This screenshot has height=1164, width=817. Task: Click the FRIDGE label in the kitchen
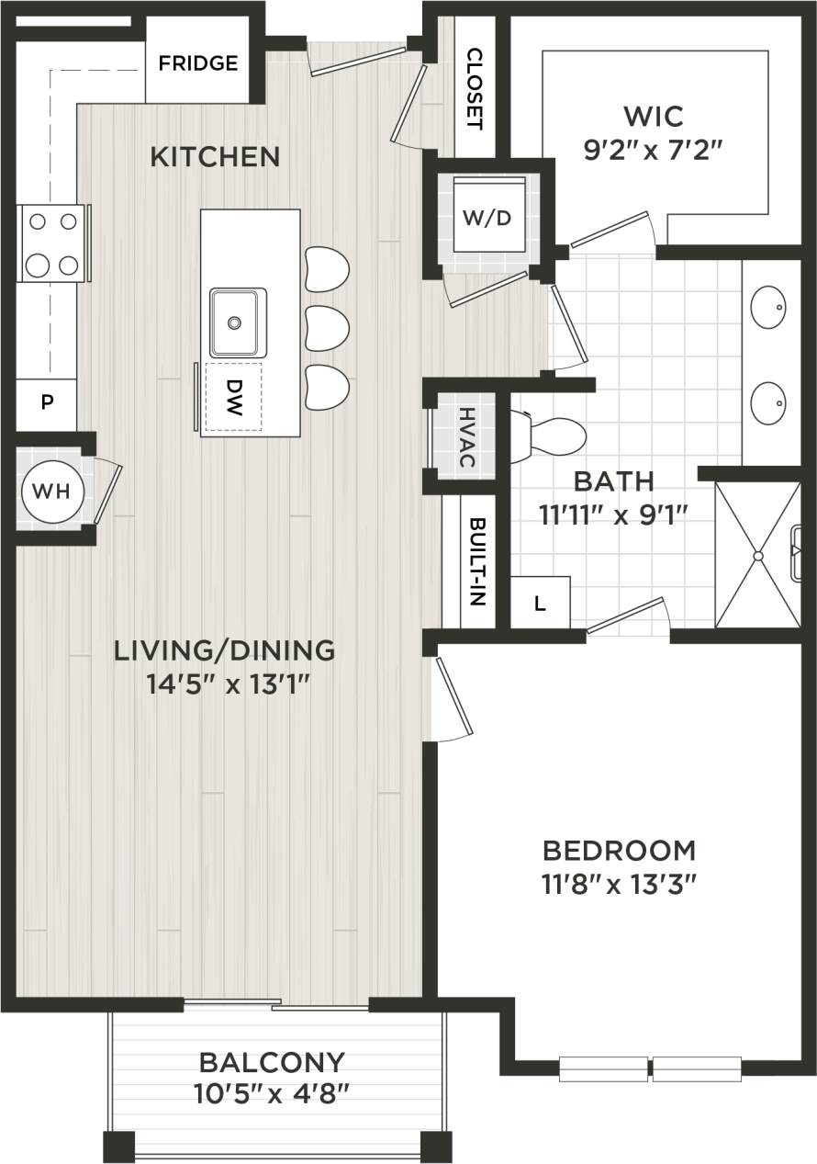click(x=197, y=63)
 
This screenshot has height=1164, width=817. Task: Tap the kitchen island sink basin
click(x=238, y=322)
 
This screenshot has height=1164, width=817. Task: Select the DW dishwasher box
click(x=233, y=397)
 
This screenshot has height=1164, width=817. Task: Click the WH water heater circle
click(x=51, y=491)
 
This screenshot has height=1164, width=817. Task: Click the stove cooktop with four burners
click(x=52, y=243)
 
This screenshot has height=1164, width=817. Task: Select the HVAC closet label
click(x=465, y=435)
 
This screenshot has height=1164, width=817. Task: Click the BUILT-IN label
click(x=476, y=561)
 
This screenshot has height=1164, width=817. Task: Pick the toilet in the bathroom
click(x=551, y=436)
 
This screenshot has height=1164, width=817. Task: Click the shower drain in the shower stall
click(x=758, y=556)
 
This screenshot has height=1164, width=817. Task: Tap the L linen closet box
click(x=540, y=604)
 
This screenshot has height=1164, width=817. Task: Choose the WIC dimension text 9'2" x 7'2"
click(x=654, y=149)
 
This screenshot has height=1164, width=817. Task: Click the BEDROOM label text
click(x=619, y=850)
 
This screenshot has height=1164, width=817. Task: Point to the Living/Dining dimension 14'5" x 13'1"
click(x=224, y=684)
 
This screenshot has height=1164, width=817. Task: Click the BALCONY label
click(x=273, y=1063)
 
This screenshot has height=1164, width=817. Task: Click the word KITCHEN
click(x=215, y=157)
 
